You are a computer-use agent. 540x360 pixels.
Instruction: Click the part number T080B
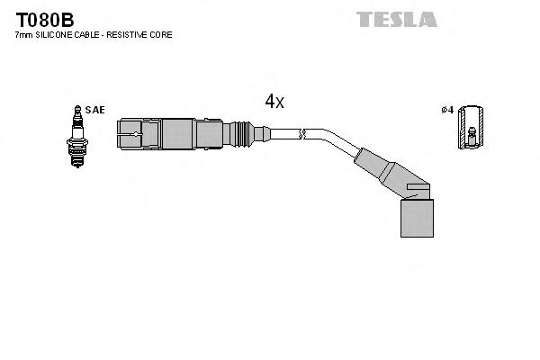43,20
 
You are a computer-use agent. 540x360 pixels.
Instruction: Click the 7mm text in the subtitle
24,35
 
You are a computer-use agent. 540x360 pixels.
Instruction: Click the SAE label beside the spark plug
96,110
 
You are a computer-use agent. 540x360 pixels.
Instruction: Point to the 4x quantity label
274,102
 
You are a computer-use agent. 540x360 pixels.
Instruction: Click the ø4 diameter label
445,110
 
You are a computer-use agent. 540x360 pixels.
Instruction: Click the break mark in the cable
304,135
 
